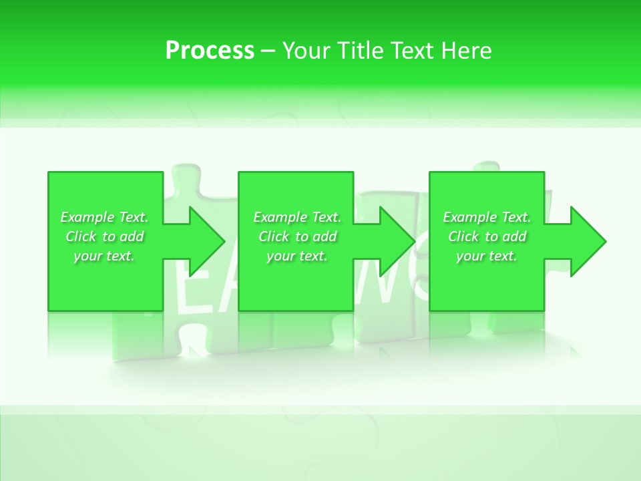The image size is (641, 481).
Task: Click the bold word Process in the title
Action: pyautogui.click(x=210, y=51)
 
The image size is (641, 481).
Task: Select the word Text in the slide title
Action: pyautogui.click(x=413, y=51)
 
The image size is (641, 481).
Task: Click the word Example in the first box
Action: pyautogui.click(x=87, y=217)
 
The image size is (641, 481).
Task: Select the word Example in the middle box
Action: pyautogui.click(x=280, y=217)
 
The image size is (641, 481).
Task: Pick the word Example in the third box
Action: pyautogui.click(x=470, y=217)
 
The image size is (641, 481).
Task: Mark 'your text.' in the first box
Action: pyautogui.click(x=104, y=256)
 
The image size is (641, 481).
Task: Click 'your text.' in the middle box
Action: pyautogui.click(x=297, y=256)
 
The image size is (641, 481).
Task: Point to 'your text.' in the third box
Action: pyautogui.click(x=487, y=256)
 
